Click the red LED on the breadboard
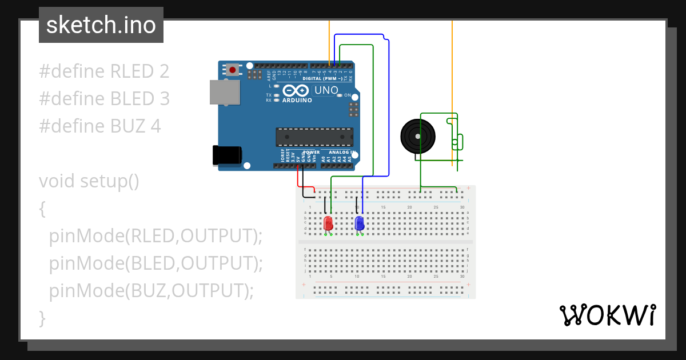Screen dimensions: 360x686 click(x=328, y=223)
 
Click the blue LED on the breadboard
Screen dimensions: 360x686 click(x=360, y=223)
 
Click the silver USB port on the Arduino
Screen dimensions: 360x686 click(x=224, y=92)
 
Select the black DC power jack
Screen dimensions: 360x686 click(x=227, y=156)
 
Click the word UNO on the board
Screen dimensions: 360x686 click(x=327, y=90)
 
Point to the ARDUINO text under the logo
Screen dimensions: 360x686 click(x=297, y=101)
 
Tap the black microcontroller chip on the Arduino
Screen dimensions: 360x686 click(x=314, y=137)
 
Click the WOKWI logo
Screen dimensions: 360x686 click(x=607, y=315)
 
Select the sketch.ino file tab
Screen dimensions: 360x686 click(x=101, y=25)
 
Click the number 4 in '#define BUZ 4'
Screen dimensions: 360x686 click(x=156, y=126)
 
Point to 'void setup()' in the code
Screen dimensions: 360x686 click(x=89, y=181)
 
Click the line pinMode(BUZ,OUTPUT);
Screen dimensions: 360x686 click(x=151, y=291)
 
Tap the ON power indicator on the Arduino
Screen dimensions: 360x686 click(x=347, y=95)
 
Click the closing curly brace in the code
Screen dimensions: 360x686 click(x=42, y=318)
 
